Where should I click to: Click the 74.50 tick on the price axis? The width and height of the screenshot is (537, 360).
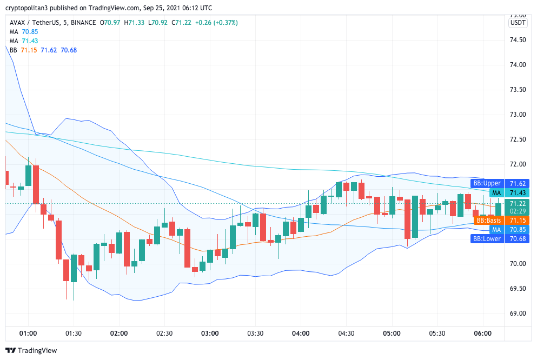[x=518, y=40]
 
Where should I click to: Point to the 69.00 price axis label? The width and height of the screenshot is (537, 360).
[x=518, y=313]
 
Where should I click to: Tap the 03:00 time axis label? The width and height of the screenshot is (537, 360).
[x=210, y=333]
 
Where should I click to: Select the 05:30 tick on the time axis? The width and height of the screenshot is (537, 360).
[x=437, y=333]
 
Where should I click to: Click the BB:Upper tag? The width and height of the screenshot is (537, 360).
[x=487, y=183]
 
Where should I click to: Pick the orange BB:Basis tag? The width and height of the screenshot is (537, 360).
[x=488, y=221]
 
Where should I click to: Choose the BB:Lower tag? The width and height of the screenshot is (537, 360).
[x=487, y=238]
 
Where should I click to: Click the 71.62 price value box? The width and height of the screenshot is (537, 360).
[x=518, y=183]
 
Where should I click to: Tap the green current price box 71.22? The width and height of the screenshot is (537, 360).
[x=518, y=203]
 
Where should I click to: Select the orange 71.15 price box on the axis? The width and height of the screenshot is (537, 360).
[x=518, y=221]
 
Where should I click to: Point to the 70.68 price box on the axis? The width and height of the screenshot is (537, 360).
[x=518, y=238]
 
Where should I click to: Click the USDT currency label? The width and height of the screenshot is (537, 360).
[x=518, y=23]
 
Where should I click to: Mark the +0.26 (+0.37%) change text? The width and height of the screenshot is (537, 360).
[x=216, y=23]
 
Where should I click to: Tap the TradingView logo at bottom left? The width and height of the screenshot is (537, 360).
[x=31, y=350]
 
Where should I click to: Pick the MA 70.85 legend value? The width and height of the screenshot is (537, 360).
[x=30, y=32]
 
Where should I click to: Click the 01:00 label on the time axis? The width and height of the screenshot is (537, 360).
[x=28, y=333]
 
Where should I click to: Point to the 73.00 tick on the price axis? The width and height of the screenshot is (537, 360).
[x=518, y=115]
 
